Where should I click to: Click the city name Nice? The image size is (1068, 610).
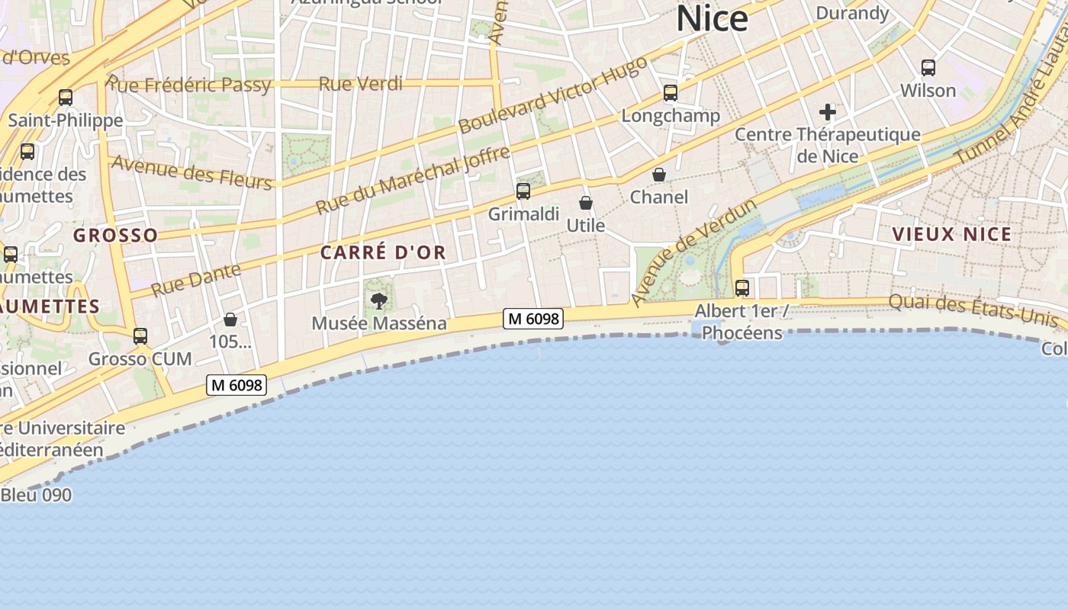712,18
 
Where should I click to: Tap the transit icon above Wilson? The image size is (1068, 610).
928,68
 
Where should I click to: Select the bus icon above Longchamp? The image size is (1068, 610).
671,93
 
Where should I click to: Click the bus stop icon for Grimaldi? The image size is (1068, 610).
523,191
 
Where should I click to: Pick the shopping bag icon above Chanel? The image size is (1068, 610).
659,175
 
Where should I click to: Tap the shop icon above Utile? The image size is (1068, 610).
586,203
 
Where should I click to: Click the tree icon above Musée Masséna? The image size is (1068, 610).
379,300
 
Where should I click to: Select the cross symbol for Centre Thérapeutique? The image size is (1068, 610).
828,113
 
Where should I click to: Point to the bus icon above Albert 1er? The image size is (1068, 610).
741,288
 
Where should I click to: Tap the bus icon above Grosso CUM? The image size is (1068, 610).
140,336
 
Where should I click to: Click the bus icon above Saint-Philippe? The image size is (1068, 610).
66,98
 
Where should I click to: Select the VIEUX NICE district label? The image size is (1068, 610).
952,234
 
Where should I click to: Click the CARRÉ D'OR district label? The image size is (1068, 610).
383,252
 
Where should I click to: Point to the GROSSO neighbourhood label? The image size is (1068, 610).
116,235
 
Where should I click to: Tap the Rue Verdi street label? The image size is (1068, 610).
360,84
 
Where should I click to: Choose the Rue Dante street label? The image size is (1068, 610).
196,279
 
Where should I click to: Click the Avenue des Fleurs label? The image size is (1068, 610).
191,172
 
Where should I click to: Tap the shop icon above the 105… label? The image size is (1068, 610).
230,319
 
